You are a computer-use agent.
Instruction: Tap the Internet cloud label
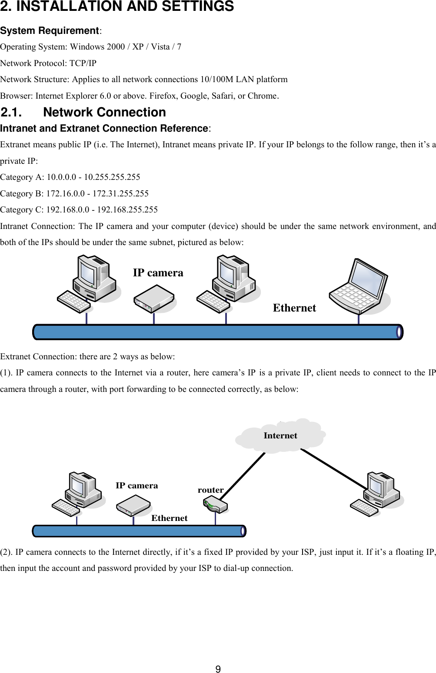[280, 435]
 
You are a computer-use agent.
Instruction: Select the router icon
[215, 506]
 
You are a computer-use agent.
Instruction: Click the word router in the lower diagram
[210, 490]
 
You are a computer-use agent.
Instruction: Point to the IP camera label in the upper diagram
[158, 273]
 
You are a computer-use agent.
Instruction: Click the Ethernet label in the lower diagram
[169, 518]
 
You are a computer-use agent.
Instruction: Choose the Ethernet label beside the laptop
[294, 308]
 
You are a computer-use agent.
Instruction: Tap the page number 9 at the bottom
[218, 669]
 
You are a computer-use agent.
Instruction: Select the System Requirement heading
[50, 30]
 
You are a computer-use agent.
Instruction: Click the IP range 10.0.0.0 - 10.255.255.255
[93, 177]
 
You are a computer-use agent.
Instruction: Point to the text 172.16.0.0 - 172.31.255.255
[97, 193]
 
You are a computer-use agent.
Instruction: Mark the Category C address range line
[79, 209]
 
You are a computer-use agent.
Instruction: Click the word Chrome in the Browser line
[262, 96]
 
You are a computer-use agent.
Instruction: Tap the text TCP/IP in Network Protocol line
[83, 63]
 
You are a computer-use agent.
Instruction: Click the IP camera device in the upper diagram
[154, 298]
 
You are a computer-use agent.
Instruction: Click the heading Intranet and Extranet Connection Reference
[104, 128]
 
